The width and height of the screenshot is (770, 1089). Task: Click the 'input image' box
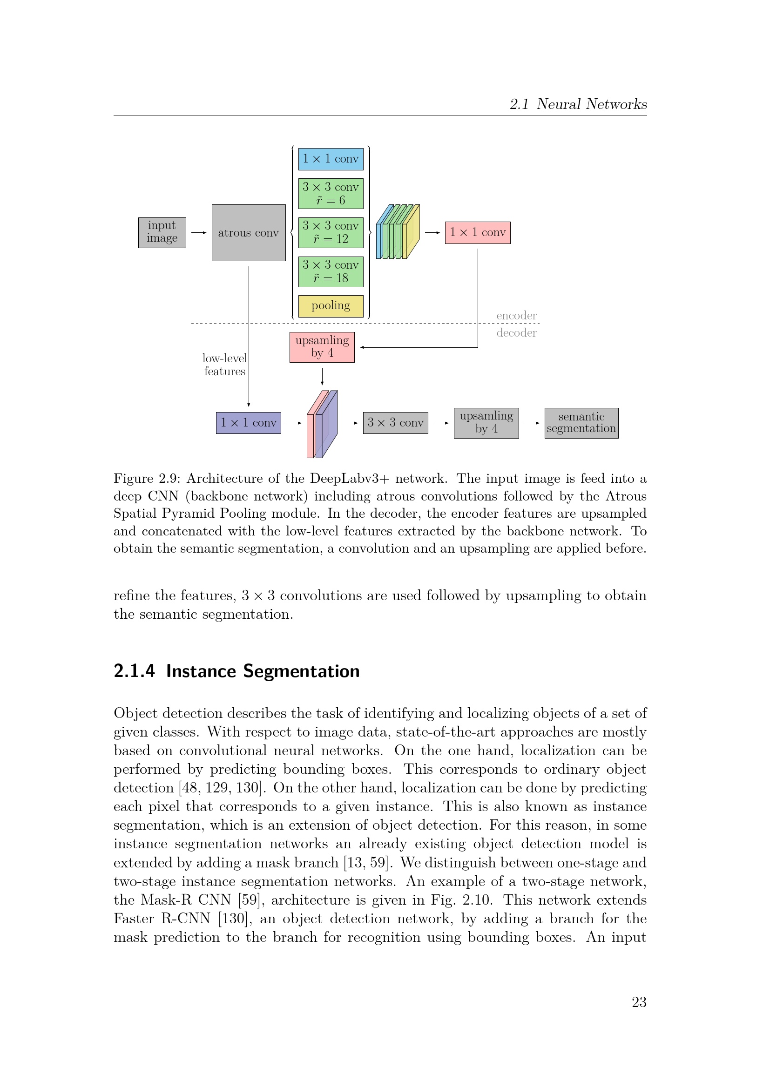(162, 232)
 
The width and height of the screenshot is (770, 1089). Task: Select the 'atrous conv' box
(249, 232)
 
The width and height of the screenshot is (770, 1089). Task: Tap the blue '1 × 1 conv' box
(331, 159)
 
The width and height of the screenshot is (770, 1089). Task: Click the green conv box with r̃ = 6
(331, 194)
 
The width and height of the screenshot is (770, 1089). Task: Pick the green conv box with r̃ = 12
(331, 232)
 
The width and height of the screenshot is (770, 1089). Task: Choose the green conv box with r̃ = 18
(331, 271)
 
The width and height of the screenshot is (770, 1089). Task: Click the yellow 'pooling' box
(331, 306)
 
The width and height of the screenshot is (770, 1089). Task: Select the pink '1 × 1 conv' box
(478, 232)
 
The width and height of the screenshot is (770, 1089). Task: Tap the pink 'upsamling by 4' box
(322, 347)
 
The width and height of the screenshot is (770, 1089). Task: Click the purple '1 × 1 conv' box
(249, 423)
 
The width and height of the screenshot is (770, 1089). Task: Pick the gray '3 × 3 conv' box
(395, 423)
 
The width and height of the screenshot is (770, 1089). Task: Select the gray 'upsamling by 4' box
(486, 423)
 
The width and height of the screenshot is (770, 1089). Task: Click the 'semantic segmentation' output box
(581, 423)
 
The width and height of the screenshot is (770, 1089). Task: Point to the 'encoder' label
(516, 315)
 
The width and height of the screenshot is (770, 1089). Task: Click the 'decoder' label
(516, 332)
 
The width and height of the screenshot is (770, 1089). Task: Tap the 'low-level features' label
(225, 365)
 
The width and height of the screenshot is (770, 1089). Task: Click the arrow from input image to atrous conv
(199, 232)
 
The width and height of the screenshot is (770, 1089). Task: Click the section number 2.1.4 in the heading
(134, 671)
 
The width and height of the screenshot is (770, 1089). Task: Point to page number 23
(639, 1002)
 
